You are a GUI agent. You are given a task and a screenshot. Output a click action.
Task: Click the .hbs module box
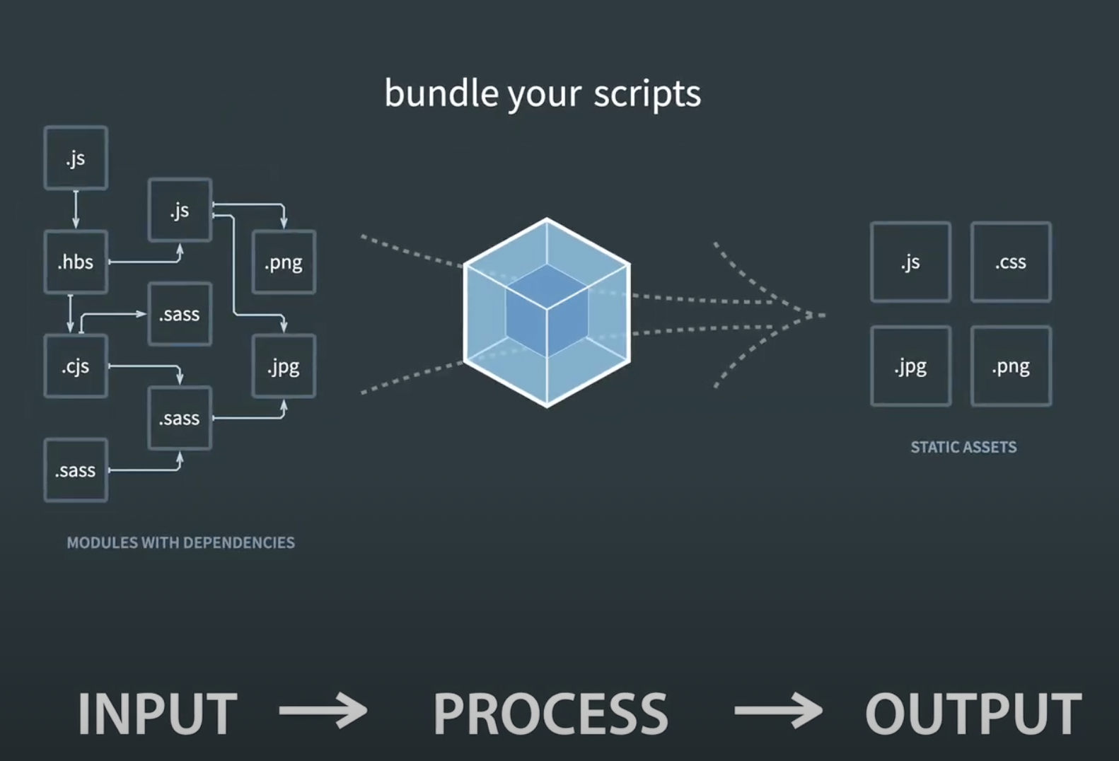[76, 262]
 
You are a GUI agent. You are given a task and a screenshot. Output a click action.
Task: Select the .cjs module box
[76, 366]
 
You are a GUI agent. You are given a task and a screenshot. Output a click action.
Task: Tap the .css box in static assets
[1011, 262]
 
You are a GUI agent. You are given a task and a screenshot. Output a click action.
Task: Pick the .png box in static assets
[1011, 366]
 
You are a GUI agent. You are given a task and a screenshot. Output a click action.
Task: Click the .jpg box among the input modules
[284, 366]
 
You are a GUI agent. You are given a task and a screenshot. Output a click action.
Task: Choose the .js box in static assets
[910, 262]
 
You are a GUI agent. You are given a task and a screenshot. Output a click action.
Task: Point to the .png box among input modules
[284, 262]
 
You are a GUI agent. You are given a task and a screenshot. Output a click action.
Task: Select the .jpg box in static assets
[910, 366]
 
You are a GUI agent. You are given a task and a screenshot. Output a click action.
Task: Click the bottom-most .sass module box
[76, 470]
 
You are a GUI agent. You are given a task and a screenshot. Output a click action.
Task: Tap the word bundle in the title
[441, 93]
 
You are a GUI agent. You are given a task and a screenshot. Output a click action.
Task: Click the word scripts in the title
[647, 93]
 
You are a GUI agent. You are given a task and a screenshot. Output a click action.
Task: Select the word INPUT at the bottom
[157, 714]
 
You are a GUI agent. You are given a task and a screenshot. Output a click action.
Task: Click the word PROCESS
[550, 714]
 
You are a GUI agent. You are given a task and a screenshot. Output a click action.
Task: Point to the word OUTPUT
[973, 714]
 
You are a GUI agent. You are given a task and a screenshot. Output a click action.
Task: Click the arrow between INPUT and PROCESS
[323, 710]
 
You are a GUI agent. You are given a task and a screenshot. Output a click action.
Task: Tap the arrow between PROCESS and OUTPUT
[778, 710]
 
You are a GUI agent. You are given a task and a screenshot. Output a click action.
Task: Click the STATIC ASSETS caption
[963, 447]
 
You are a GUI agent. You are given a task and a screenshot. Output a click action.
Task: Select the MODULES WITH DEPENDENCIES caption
[180, 542]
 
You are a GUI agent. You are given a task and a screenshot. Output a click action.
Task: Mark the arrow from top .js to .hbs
[76, 209]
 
